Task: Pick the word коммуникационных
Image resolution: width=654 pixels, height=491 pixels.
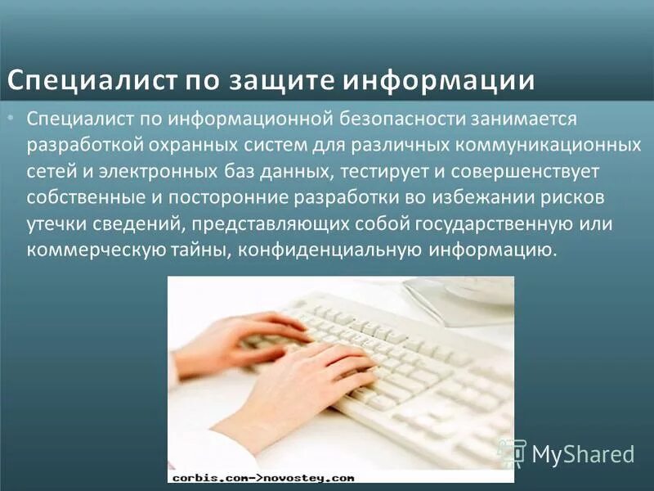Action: [550, 146]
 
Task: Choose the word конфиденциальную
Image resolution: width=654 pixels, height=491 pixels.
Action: [325, 250]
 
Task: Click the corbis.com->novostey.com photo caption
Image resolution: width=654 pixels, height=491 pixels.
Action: [262, 476]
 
